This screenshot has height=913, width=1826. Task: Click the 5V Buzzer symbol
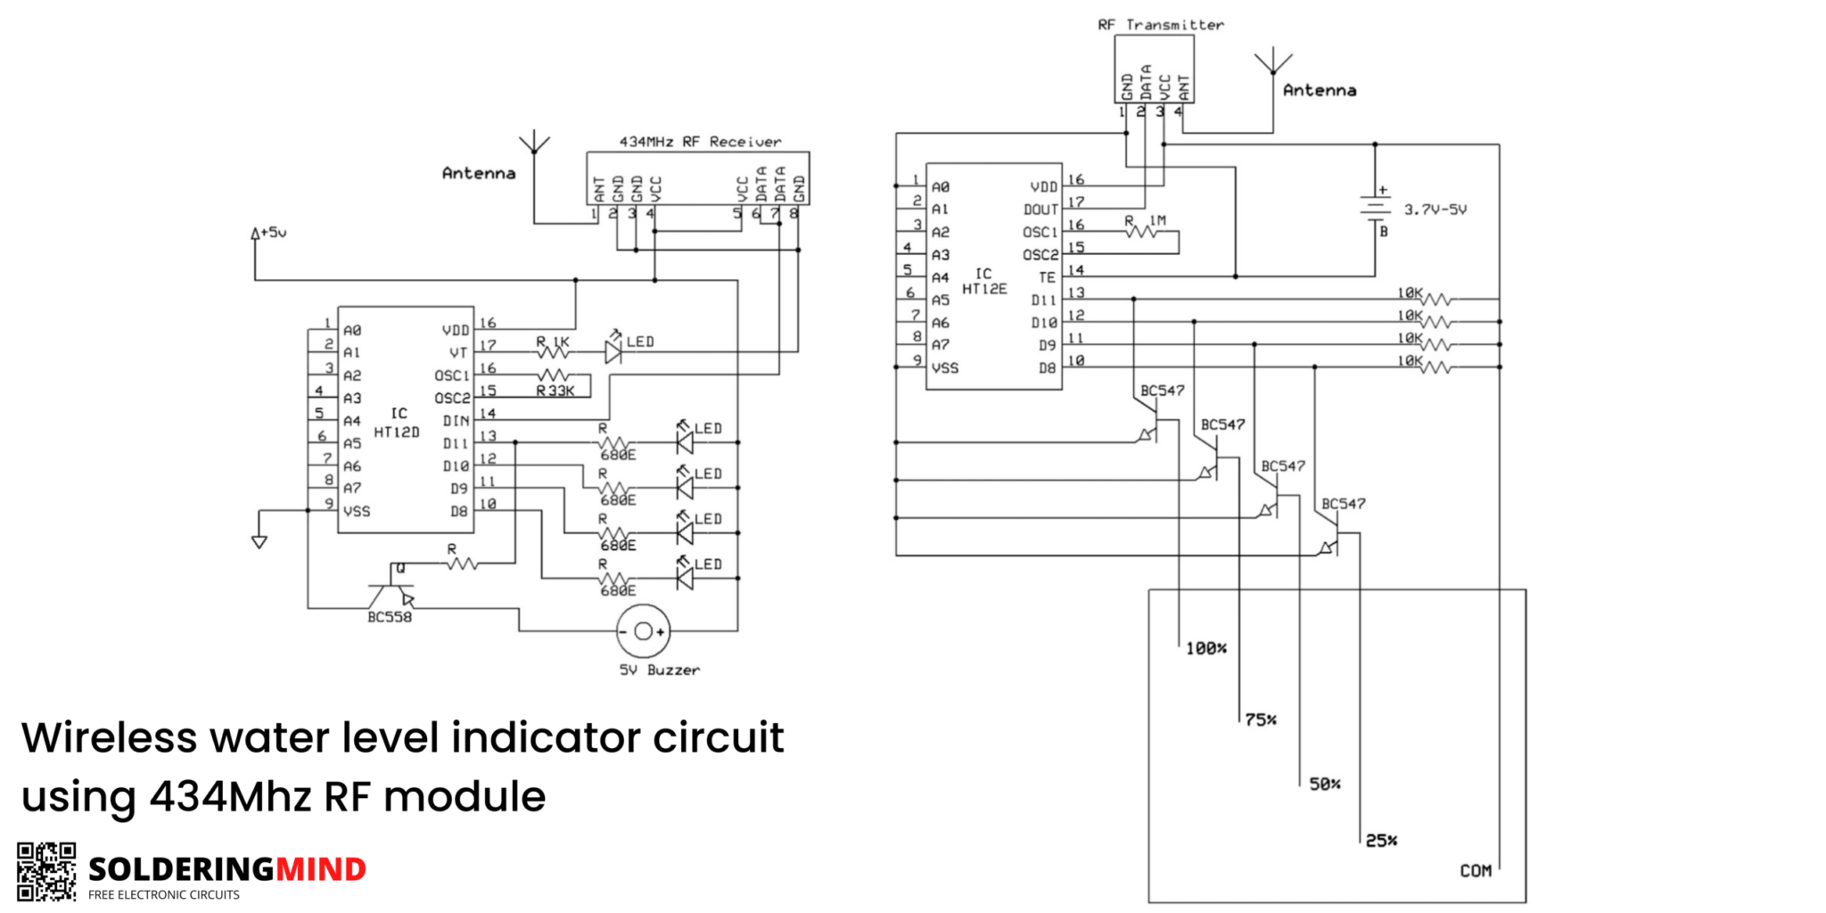[x=643, y=631]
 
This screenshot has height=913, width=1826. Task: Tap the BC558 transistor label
[x=390, y=617]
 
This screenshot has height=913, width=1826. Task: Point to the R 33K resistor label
[x=555, y=391]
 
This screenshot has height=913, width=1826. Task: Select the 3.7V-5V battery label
[x=1435, y=210]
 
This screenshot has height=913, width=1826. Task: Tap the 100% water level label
[x=1205, y=648]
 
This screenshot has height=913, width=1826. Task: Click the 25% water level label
[x=1381, y=840]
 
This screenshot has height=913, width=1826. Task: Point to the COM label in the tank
[x=1476, y=870]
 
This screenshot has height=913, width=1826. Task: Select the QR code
[x=46, y=871]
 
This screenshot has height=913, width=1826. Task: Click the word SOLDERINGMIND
[x=227, y=868]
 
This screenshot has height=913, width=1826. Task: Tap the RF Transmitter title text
[x=1160, y=25]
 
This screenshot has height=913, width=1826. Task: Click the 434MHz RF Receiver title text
[x=700, y=142]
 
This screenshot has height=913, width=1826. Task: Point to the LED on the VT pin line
[x=613, y=352]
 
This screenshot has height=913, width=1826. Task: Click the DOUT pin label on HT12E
[x=1040, y=210]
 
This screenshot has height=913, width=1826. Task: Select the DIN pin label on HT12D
[x=456, y=421]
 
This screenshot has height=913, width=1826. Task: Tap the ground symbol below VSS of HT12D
[x=259, y=541]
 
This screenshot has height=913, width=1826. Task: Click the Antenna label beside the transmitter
[x=1320, y=90]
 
